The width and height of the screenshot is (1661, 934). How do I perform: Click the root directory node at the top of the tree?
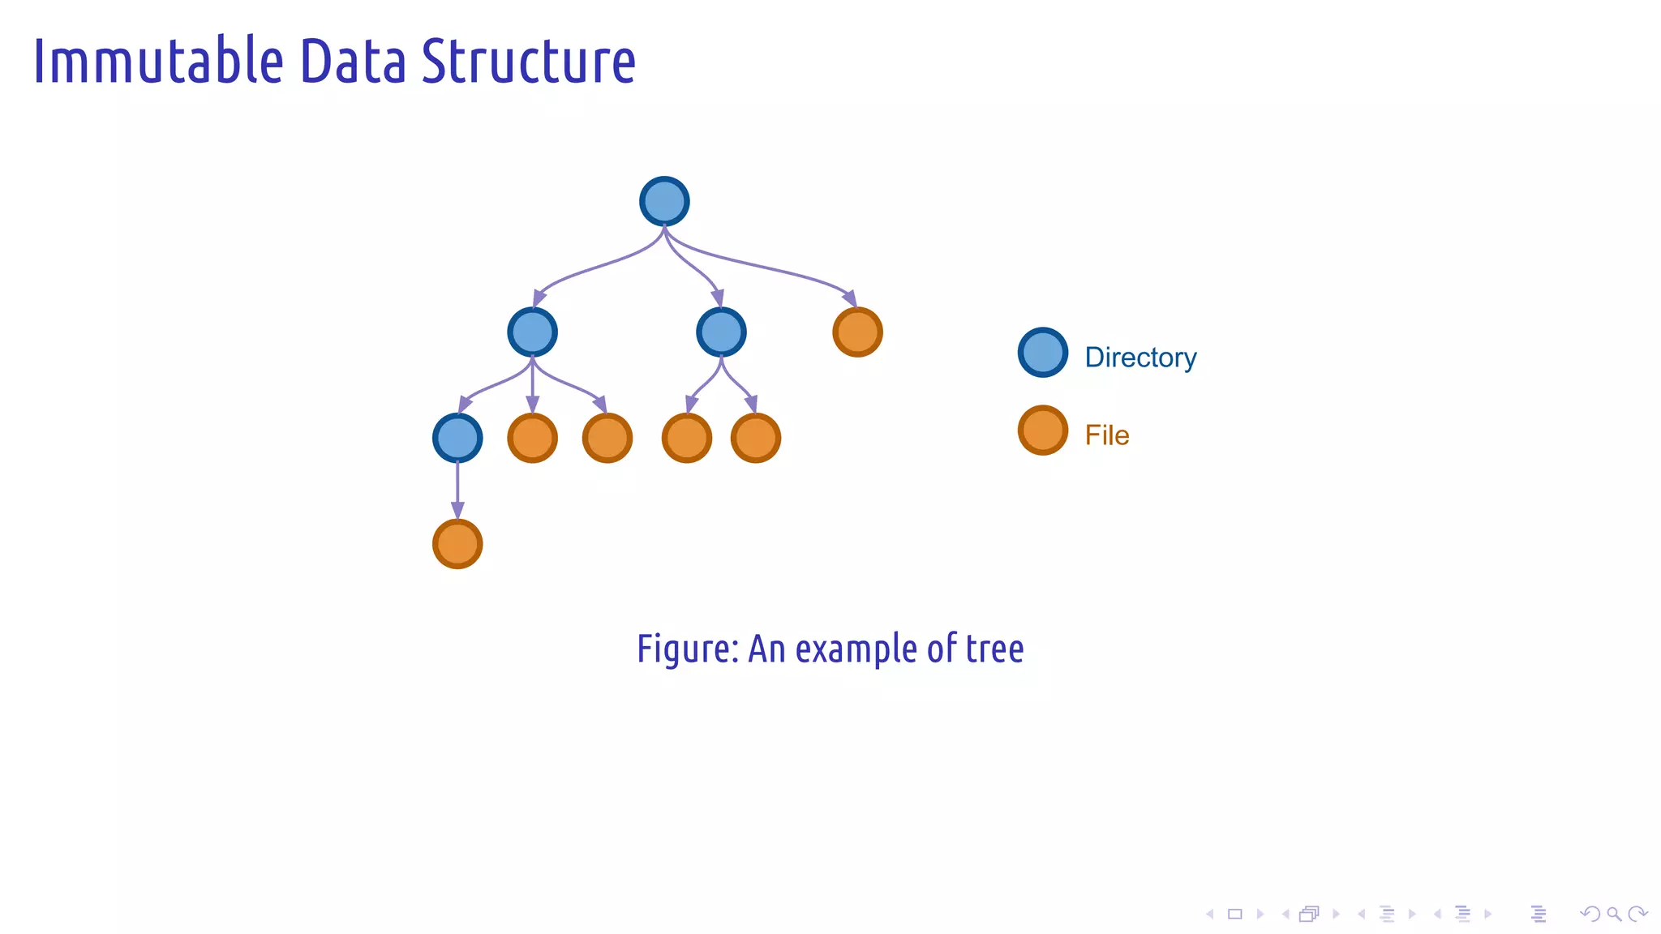coord(664,201)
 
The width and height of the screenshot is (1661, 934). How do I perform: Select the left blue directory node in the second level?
coord(532,332)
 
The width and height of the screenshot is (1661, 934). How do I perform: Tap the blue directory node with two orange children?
coord(721,332)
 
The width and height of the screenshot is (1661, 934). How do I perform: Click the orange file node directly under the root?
coord(857,332)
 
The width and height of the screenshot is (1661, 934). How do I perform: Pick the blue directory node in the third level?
coord(457,438)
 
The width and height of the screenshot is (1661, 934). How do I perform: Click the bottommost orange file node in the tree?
coord(457,544)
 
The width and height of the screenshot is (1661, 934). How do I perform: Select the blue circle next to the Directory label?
coord(1042,352)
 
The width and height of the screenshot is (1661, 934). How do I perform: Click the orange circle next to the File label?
coord(1042,431)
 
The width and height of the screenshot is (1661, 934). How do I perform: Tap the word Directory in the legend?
coord(1140,358)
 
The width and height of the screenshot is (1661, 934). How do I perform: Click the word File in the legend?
coord(1107,435)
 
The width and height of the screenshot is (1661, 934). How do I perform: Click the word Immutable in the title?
coord(158,62)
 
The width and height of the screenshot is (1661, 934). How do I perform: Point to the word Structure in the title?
coord(528,62)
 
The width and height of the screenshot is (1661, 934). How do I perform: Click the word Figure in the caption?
coord(686,649)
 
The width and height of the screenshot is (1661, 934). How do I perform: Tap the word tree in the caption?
coord(994,649)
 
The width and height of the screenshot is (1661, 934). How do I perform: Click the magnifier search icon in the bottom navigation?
coord(1614,915)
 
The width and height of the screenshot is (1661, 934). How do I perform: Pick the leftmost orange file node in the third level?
coord(532,438)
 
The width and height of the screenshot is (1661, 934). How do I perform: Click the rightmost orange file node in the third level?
coord(755,438)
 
